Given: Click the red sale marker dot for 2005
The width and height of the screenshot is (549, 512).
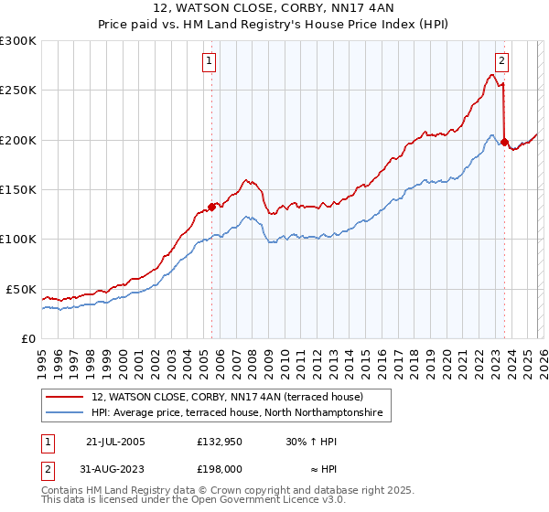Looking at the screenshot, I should (x=211, y=207).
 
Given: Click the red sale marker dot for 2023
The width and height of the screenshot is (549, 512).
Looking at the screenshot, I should (x=504, y=142).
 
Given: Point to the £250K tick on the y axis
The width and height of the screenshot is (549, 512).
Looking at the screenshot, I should (x=18, y=91).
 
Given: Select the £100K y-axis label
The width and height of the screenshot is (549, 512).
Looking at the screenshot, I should (x=18, y=240).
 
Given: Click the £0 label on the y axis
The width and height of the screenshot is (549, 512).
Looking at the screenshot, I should (x=27, y=338).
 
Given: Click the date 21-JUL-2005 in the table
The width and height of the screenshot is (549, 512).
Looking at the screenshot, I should (x=114, y=442).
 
